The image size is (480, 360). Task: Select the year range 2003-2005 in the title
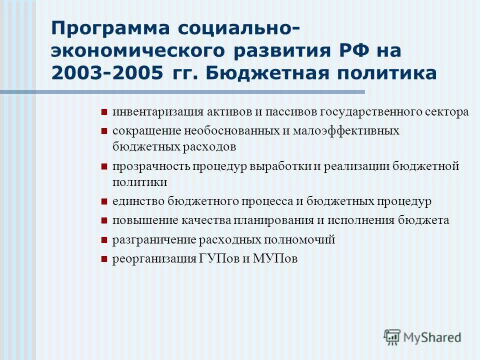pos(107,73)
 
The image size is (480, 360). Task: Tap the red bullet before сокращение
pos(104,131)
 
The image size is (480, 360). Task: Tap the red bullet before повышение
pos(104,221)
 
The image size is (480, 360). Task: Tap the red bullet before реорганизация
pos(104,259)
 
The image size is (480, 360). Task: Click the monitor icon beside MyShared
pos(392,336)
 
